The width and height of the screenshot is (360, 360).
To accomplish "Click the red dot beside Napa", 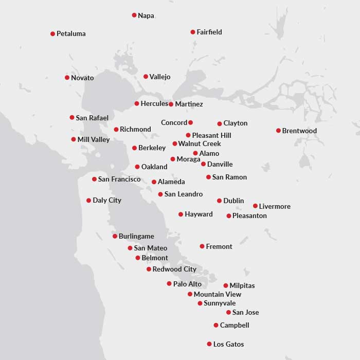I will (x=134, y=15).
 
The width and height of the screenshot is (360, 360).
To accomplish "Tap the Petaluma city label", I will (x=71, y=34).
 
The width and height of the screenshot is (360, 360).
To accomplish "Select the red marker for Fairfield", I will (x=193, y=32).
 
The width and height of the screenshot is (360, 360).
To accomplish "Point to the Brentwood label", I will (x=299, y=131).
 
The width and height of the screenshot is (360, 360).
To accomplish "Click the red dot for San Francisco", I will (x=94, y=179).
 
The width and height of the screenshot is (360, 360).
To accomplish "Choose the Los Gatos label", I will (x=228, y=345).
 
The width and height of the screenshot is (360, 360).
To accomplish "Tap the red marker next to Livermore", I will (x=255, y=206).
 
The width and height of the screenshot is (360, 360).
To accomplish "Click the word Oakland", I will (x=154, y=167).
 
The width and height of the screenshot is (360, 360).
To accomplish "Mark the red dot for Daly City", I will (x=89, y=201).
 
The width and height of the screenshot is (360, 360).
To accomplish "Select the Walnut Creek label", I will (x=200, y=144).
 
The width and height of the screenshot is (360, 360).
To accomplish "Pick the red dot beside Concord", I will (x=190, y=122).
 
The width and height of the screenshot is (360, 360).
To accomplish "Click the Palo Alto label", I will (x=187, y=284).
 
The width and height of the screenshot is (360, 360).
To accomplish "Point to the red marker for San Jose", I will (x=228, y=312).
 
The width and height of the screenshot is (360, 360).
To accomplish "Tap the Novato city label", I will (x=82, y=78).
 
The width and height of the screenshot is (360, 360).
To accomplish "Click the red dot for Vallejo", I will (x=146, y=77).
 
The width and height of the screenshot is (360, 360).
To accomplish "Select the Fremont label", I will (x=219, y=247).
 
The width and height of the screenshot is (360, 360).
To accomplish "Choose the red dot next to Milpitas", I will (x=226, y=285).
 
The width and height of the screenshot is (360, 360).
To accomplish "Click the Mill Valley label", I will (x=94, y=140).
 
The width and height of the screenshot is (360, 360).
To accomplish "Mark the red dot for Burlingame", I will (x=115, y=236).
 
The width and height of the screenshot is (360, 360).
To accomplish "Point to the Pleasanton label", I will (x=249, y=216).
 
